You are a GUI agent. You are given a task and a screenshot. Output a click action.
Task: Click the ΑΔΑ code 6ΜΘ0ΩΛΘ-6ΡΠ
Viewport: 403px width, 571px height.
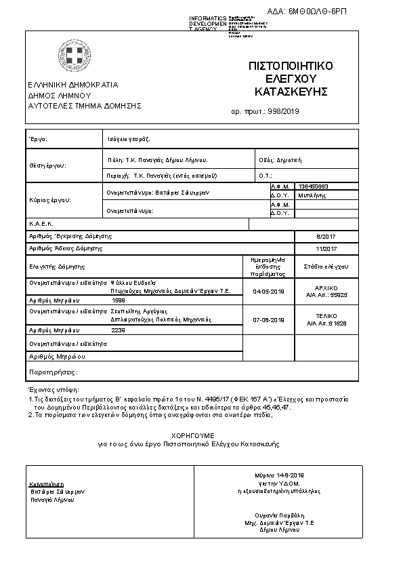coord(353,12)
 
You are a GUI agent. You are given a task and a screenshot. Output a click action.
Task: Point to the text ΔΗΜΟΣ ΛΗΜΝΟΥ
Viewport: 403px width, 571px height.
coord(60,96)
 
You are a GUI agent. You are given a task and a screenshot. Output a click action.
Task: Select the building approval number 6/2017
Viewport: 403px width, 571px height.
coord(326,237)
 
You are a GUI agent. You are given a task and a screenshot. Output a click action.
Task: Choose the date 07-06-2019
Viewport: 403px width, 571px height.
coord(268,319)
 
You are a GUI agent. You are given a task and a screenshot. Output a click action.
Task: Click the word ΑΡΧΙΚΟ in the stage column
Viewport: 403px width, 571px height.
coord(326,288)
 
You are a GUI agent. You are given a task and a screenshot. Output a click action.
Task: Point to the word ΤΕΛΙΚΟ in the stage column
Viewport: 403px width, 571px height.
coord(326,316)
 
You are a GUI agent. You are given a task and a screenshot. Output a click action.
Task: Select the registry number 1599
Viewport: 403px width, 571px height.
coord(118,300)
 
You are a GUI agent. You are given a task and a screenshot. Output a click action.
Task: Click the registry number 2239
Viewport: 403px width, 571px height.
coord(118,330)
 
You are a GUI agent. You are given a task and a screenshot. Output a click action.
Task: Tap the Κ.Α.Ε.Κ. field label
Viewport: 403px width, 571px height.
coord(41,223)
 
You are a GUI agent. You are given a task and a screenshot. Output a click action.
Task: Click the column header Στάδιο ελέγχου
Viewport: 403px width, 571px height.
coord(326,267)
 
